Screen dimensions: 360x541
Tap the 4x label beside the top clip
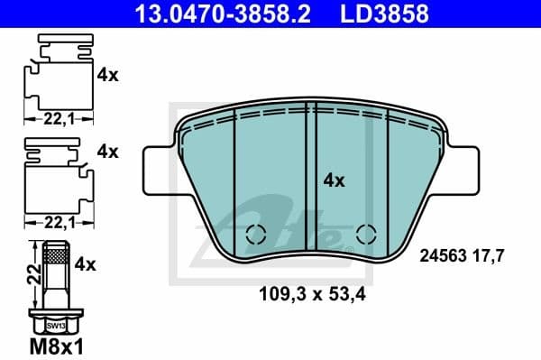click(108, 76)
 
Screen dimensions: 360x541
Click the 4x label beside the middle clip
click(108, 152)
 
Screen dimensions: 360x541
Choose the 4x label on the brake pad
click(334, 180)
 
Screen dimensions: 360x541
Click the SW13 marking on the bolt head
click(56, 325)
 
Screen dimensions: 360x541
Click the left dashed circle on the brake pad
click(256, 234)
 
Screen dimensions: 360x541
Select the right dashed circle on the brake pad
click(367, 234)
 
